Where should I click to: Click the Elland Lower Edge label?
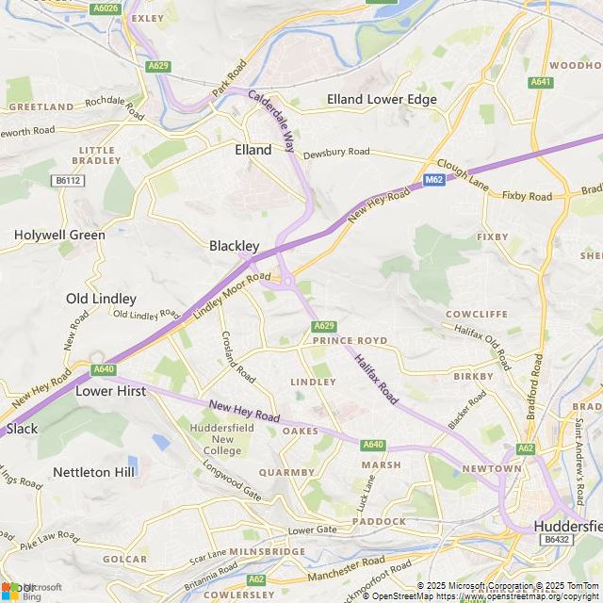382,99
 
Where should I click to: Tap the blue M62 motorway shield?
433,179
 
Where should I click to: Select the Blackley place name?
234,246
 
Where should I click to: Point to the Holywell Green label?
59,235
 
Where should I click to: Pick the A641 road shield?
541,82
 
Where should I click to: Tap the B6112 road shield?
67,180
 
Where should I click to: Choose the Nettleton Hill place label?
94,471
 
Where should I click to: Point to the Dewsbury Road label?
336,151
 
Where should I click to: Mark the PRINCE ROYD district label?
350,340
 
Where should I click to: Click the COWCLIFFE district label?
477,314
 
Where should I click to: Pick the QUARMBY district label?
286,472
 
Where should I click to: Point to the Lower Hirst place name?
111,390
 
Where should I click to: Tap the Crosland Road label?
237,355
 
